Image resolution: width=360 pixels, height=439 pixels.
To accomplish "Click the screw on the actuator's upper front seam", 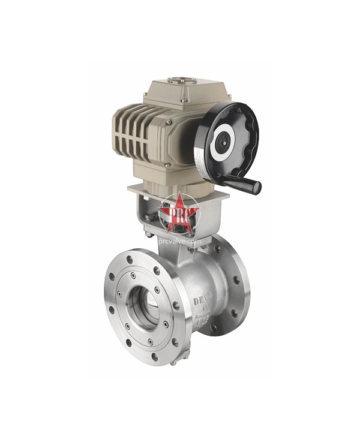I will pyautogui.click(x=170, y=122).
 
